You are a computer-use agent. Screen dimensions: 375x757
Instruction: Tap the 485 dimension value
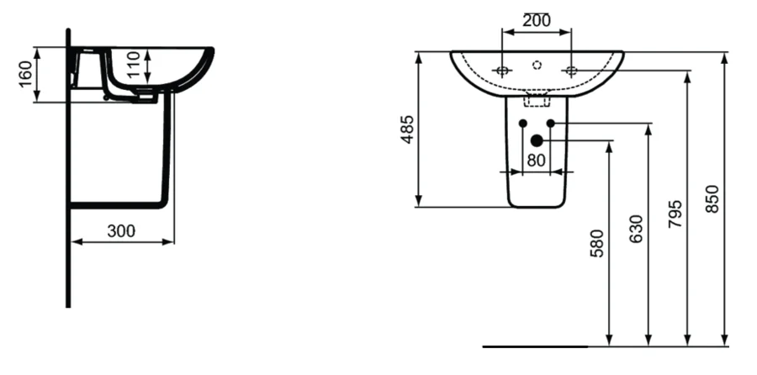(407, 129)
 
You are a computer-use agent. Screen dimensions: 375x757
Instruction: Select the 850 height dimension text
(712, 198)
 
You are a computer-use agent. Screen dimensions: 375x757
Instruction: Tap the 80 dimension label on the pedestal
(537, 160)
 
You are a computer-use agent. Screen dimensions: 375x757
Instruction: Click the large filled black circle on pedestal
(537, 141)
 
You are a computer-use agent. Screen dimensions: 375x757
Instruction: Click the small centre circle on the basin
(537, 64)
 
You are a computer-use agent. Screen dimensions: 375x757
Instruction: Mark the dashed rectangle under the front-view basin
(536, 101)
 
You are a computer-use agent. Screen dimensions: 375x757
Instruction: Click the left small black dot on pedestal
(522, 124)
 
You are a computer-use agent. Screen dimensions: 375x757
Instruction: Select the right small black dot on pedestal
(551, 124)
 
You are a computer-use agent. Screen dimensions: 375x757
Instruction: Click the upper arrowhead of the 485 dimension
(417, 56)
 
